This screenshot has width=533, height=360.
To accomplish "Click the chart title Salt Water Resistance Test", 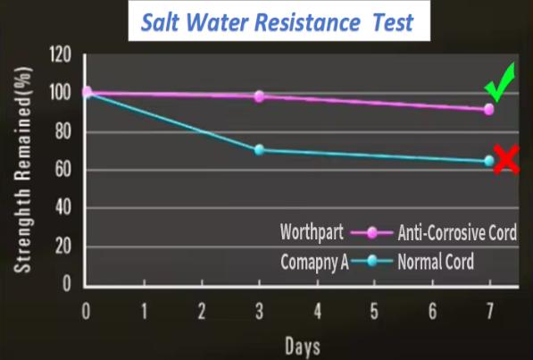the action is click(277, 22).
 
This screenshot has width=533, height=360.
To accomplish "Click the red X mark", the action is click(506, 159).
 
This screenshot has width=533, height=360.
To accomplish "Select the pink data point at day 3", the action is click(260, 96).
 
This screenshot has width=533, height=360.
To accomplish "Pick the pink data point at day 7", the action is click(489, 110).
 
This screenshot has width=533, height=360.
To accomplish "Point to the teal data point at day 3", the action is click(260, 150).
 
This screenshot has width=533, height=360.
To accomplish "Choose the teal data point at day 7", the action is click(489, 161).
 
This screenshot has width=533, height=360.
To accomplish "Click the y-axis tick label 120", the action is click(61, 54).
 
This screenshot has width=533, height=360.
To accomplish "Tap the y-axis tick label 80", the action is click(63, 131).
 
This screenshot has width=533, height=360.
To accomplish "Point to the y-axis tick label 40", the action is click(63, 207).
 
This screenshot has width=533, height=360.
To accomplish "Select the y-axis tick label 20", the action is click(63, 246).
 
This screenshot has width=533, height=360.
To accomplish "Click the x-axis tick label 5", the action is click(374, 312).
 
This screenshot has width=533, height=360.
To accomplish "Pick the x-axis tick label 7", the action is click(489, 312).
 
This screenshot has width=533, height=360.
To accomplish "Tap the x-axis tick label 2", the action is click(202, 312).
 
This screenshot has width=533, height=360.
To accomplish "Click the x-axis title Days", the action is click(303, 346).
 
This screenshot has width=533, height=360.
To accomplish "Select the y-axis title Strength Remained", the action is click(23, 170).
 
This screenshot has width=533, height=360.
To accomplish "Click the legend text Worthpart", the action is click(312, 232).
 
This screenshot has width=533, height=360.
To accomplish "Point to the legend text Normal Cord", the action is click(436, 262).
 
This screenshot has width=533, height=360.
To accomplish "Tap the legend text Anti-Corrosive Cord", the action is click(457, 233).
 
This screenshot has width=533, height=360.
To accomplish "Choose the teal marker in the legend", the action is click(372, 261).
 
